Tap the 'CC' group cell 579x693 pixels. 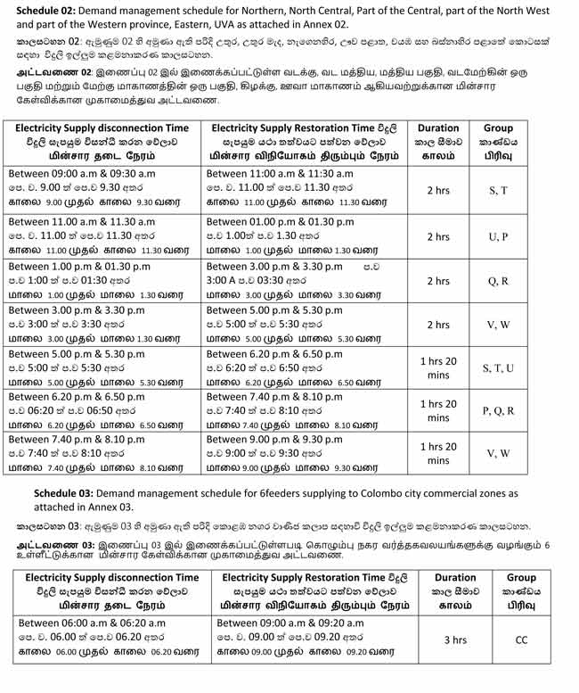[522, 639]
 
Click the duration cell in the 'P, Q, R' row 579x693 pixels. [437, 410]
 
